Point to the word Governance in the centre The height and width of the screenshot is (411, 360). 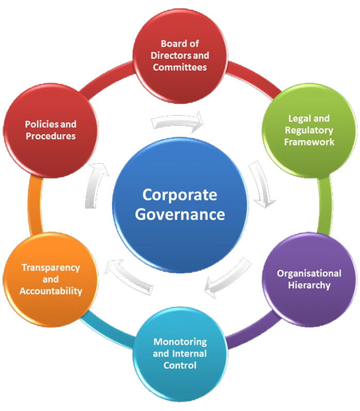click(180, 214)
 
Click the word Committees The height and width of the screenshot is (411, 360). click(180, 67)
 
